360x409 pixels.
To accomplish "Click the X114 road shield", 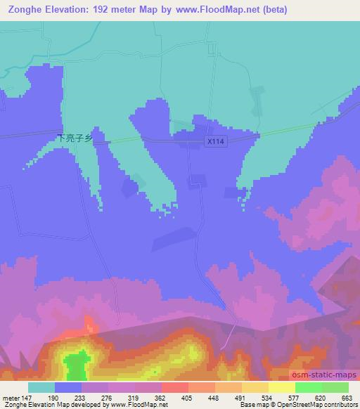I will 216,141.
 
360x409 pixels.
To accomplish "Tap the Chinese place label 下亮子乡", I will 75,139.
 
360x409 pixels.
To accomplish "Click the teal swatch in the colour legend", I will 41,387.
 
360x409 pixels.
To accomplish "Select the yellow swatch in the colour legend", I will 282,387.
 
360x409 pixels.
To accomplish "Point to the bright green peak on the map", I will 75,365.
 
